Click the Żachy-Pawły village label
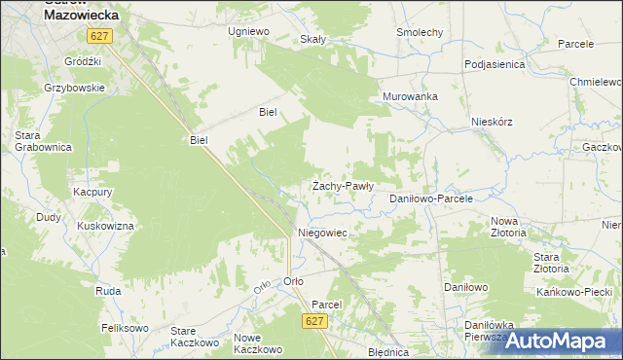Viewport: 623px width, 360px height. tap(343, 185)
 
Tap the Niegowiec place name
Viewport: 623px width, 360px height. tap(322, 234)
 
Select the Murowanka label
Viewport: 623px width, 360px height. tap(410, 96)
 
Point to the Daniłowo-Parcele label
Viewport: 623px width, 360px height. tap(430, 198)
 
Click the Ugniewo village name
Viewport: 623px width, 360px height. tap(247, 31)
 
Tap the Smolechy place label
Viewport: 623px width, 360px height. tap(420, 32)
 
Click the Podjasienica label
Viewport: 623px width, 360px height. tap(495, 64)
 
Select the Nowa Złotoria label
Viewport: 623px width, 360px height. tap(508, 227)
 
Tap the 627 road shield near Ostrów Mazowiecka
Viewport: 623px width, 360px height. tap(99, 36)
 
